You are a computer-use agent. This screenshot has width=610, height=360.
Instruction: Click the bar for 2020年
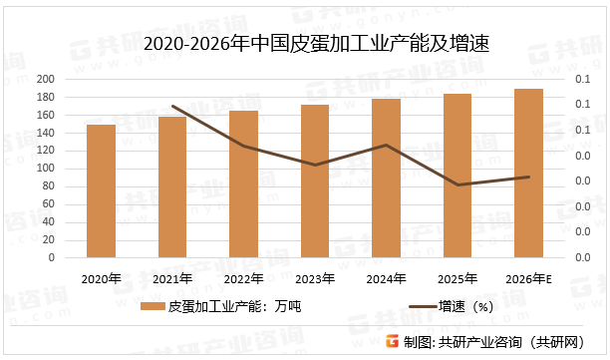(x=101, y=190)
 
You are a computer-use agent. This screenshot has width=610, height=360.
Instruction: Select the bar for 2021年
(x=172, y=186)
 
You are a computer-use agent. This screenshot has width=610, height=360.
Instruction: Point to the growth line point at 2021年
(x=172, y=106)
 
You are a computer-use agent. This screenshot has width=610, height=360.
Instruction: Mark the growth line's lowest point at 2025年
(x=457, y=184)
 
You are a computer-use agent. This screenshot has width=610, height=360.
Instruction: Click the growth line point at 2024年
(x=387, y=145)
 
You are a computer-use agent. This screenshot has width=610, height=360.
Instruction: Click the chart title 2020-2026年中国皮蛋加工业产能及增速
(x=304, y=45)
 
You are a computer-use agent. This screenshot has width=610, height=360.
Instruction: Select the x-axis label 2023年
(x=315, y=278)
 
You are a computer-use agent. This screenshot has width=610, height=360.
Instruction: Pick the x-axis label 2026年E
(x=529, y=278)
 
